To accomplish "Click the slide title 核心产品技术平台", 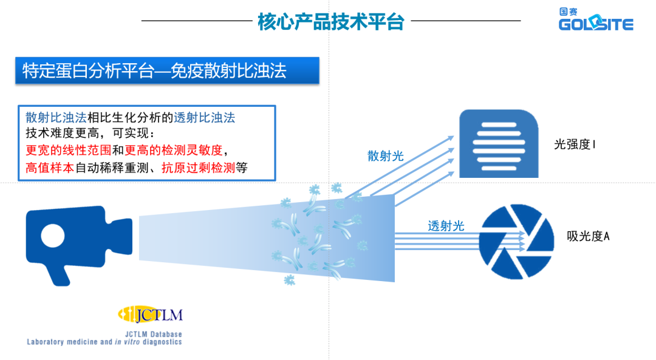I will click(x=331, y=21).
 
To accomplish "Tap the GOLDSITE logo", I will click(x=595, y=24).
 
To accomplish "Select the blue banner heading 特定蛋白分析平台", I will click(x=154, y=71).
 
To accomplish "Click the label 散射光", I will click(x=385, y=156).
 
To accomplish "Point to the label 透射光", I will click(x=446, y=226).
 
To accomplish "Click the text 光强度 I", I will click(x=575, y=144).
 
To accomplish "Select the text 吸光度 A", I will click(x=587, y=236).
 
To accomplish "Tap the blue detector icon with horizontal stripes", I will click(x=498, y=143).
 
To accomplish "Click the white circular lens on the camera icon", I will click(x=53, y=234).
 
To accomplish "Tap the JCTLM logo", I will click(x=150, y=314).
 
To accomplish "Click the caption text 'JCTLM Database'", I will click(x=153, y=334).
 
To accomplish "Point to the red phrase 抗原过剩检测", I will click(x=198, y=168).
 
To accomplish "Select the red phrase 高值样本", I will click(x=50, y=168).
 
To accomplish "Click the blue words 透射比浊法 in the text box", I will click(x=205, y=117).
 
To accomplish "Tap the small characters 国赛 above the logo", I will click(x=569, y=12).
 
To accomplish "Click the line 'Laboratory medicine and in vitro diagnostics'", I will click(x=104, y=342).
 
